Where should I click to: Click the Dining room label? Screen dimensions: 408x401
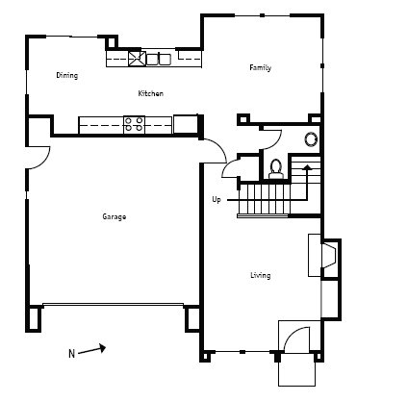click(67, 75)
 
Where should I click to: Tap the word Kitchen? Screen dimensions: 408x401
click(151, 93)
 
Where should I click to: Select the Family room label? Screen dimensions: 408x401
click(261, 67)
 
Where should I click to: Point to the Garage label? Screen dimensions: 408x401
click(115, 216)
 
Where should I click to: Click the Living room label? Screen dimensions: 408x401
click(261, 275)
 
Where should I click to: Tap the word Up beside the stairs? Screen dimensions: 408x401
click(217, 200)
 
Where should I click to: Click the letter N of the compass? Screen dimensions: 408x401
click(71, 354)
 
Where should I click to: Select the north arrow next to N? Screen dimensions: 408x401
click(92, 350)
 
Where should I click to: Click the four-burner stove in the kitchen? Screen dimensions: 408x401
click(134, 124)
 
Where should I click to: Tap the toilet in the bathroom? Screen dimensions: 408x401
click(276, 169)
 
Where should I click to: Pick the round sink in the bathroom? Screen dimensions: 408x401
click(311, 139)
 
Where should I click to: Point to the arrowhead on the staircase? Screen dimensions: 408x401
click(307, 166)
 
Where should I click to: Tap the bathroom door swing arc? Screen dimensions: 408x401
click(276, 142)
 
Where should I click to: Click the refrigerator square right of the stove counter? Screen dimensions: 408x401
click(185, 124)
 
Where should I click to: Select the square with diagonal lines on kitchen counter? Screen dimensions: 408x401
click(137, 59)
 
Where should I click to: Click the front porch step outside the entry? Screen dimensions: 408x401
click(296, 369)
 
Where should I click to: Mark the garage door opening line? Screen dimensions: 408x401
click(113, 304)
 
